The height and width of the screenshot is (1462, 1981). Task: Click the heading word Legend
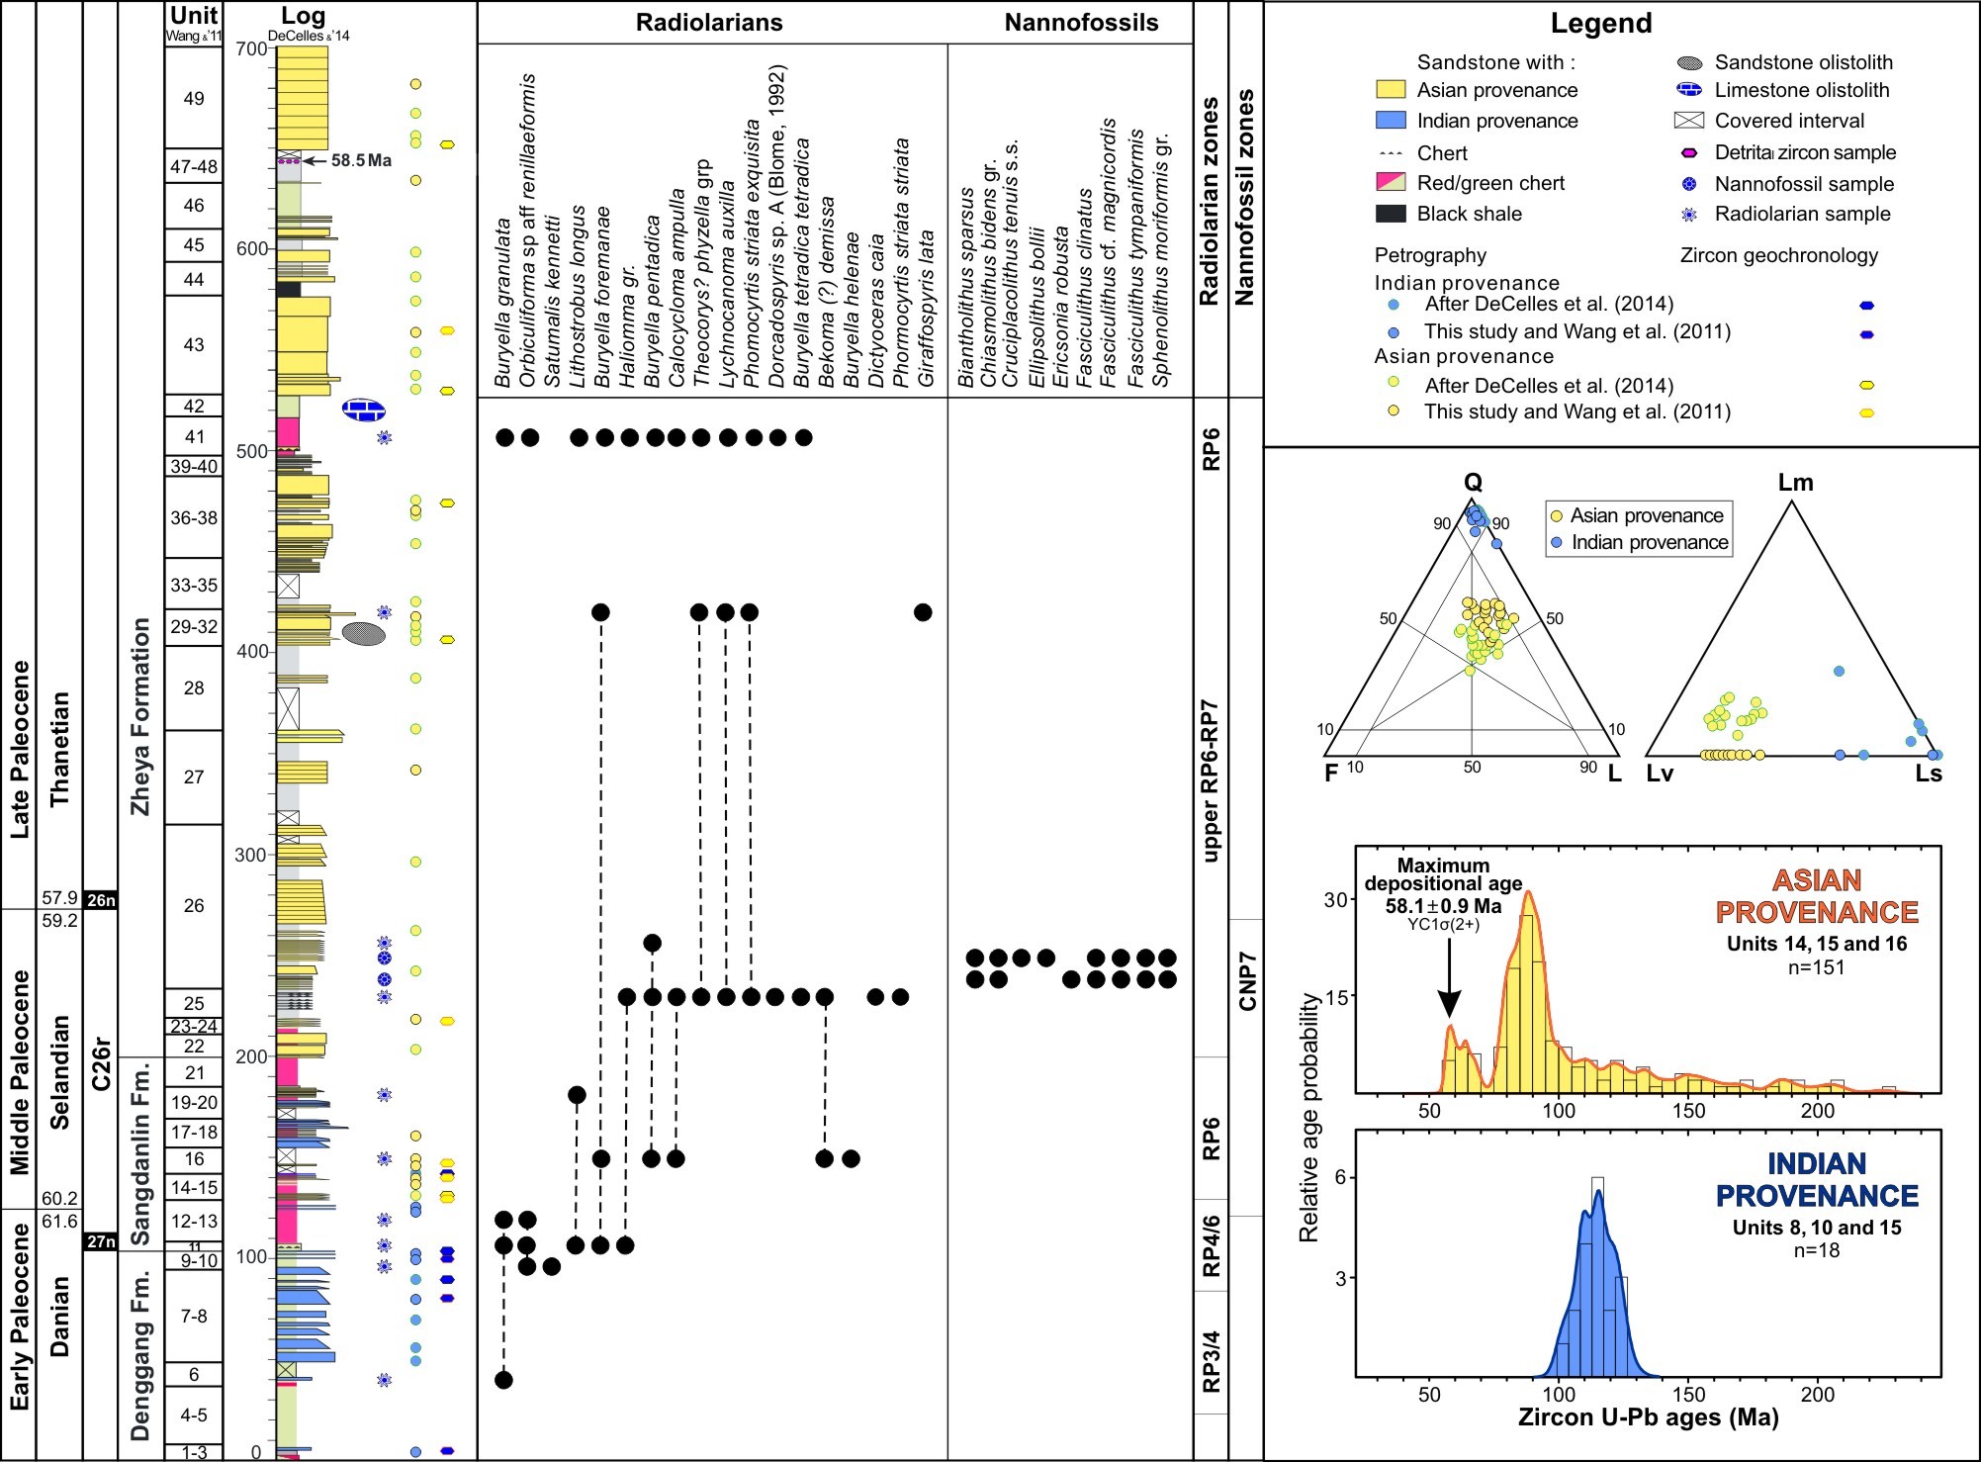[1600, 24]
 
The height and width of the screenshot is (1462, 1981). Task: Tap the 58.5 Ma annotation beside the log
[361, 160]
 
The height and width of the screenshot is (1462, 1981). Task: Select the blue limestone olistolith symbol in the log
[364, 410]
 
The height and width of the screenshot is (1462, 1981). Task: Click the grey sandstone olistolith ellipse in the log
[364, 633]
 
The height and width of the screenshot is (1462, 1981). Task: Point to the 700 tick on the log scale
[252, 48]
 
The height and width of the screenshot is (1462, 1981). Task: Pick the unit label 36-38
[194, 517]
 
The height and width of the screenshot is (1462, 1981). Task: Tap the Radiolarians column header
[709, 23]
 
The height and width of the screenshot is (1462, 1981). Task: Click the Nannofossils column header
[1081, 23]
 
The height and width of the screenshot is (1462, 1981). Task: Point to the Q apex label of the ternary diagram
[1473, 483]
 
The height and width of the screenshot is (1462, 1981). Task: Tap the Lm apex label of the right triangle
[1795, 483]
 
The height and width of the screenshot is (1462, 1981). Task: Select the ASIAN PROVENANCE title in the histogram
[1816, 896]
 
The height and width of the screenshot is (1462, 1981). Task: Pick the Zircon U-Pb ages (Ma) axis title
[1648, 1417]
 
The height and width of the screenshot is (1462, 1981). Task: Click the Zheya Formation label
[140, 716]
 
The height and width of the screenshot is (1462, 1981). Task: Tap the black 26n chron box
[101, 900]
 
